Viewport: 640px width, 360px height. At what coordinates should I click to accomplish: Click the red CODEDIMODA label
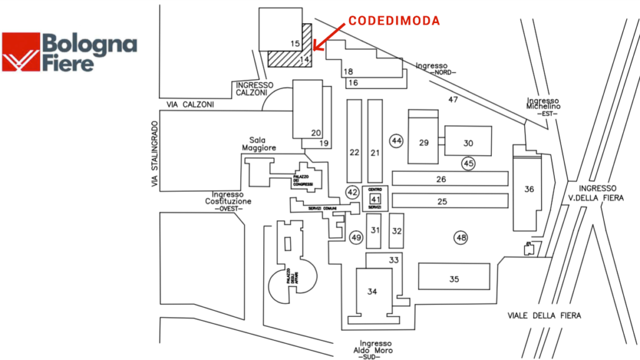tap(394, 21)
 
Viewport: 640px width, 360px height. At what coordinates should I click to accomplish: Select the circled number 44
tap(396, 141)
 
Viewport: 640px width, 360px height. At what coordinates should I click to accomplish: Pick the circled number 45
tap(469, 164)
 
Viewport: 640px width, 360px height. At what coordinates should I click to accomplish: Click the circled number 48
tap(461, 237)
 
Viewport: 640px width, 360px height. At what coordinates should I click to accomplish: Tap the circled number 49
tap(356, 237)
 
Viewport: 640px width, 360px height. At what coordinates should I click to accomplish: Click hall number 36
tap(529, 189)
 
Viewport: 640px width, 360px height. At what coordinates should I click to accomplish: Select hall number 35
tap(454, 279)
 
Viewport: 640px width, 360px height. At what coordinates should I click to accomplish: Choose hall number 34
tap(372, 291)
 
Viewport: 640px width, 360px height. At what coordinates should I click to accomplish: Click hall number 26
tap(441, 179)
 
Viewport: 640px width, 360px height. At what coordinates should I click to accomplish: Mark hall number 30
tap(468, 143)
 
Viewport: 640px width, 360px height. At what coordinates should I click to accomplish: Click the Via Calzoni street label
tap(190, 105)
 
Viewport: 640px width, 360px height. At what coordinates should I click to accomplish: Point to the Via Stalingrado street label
tap(154, 154)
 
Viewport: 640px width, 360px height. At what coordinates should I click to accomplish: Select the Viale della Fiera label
tap(544, 316)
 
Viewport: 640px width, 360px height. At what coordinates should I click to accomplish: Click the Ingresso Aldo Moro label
tap(375, 349)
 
